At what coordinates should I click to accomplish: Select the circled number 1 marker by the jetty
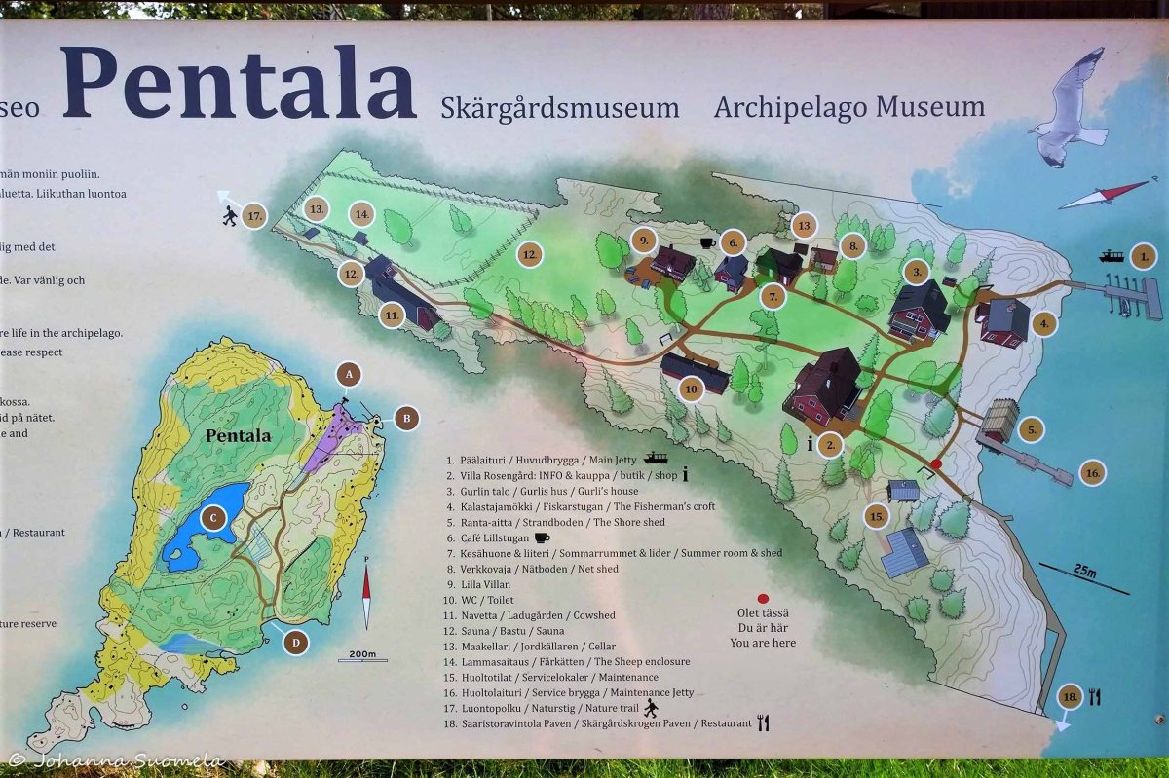pyautogui.click(x=1143, y=256)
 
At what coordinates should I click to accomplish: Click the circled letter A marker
pyautogui.click(x=348, y=373)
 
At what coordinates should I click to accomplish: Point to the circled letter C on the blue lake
pyautogui.click(x=212, y=518)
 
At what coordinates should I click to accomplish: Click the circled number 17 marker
pyautogui.click(x=255, y=215)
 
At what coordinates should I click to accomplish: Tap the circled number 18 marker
pyautogui.click(x=1071, y=696)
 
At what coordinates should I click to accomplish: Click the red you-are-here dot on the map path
pyautogui.click(x=936, y=464)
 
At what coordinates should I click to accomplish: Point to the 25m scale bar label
pyautogui.click(x=1084, y=572)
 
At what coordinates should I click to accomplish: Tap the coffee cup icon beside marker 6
pyautogui.click(x=707, y=242)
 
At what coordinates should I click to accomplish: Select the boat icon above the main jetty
pyautogui.click(x=1110, y=256)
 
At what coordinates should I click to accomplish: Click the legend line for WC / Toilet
pyautogui.click(x=479, y=600)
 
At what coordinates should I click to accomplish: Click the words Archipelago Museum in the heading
pyautogui.click(x=848, y=107)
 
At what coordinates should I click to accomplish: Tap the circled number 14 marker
pyautogui.click(x=362, y=213)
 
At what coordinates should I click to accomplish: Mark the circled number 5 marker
pyautogui.click(x=1031, y=428)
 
